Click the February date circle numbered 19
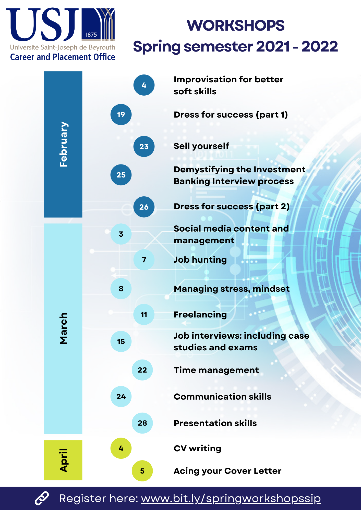121,114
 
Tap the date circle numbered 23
144,146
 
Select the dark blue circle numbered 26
144,207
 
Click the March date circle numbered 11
144,314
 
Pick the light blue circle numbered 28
142,423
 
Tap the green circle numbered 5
142,471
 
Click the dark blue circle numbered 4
144,85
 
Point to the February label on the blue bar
63,144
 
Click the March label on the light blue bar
63,328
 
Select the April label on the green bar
64,460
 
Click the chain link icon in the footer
42,498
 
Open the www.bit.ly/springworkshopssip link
231,499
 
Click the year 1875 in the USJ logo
91,35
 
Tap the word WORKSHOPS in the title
235,25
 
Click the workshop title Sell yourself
201,146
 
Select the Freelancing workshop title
200,315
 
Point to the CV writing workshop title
197,449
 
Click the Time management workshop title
216,370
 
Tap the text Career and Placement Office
63,57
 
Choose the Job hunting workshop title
200,260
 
